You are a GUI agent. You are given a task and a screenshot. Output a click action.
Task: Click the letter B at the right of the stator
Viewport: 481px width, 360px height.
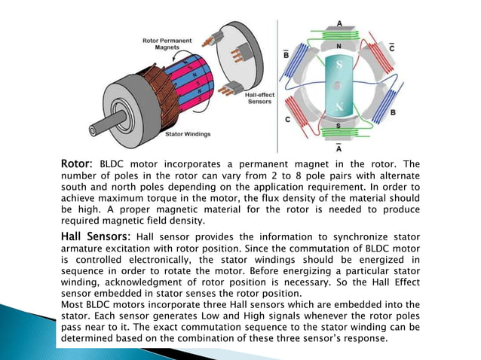(394, 113)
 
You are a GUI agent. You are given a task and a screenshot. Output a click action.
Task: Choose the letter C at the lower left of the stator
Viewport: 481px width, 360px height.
(288, 119)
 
